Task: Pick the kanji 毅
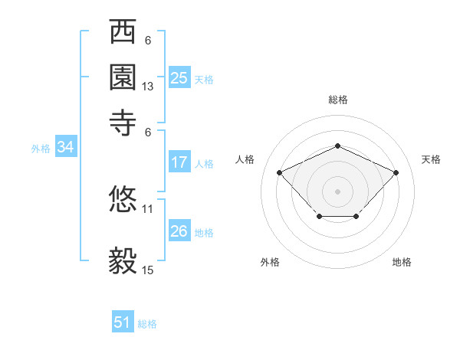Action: tap(123, 261)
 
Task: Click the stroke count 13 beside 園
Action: tap(148, 87)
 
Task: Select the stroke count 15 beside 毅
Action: tap(148, 270)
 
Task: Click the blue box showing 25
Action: tap(179, 78)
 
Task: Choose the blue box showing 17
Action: tap(179, 162)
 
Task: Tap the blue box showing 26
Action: tap(179, 231)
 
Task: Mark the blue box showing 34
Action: tap(65, 148)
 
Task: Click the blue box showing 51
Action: tap(123, 322)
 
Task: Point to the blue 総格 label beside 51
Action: tap(147, 324)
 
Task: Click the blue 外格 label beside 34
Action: tap(41, 149)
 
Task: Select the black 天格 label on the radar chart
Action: tap(432, 159)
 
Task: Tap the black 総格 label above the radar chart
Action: tap(338, 100)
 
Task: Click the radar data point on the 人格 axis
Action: tap(280, 172)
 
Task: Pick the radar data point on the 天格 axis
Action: tap(396, 172)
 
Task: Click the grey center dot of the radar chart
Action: tap(337, 191)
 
